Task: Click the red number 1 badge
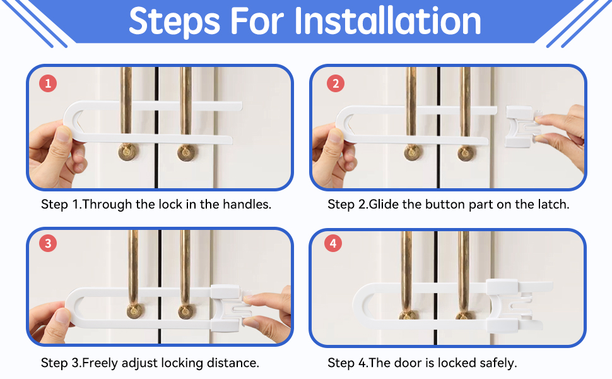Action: tap(48, 83)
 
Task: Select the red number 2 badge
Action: tap(335, 83)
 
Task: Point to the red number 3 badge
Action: tap(48, 243)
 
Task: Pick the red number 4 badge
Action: tap(333, 243)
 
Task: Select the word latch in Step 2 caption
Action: tap(553, 205)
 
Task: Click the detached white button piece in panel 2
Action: tap(521, 126)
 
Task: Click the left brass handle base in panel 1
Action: tap(128, 152)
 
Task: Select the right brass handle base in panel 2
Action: tap(466, 153)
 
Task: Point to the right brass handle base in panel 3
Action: tap(185, 311)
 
